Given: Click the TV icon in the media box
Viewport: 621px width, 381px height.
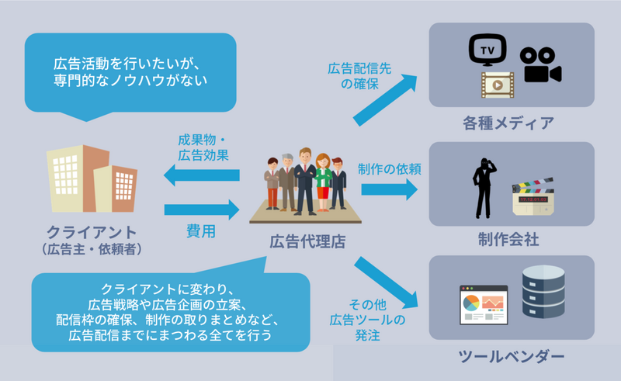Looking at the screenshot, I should [x=487, y=52].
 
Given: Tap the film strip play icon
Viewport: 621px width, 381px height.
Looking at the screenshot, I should [x=497, y=83].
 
